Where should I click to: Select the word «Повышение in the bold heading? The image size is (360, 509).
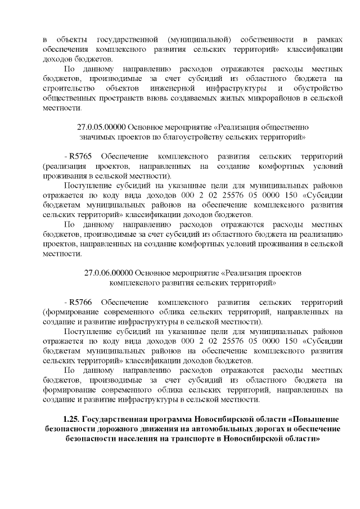tap(317, 420)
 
